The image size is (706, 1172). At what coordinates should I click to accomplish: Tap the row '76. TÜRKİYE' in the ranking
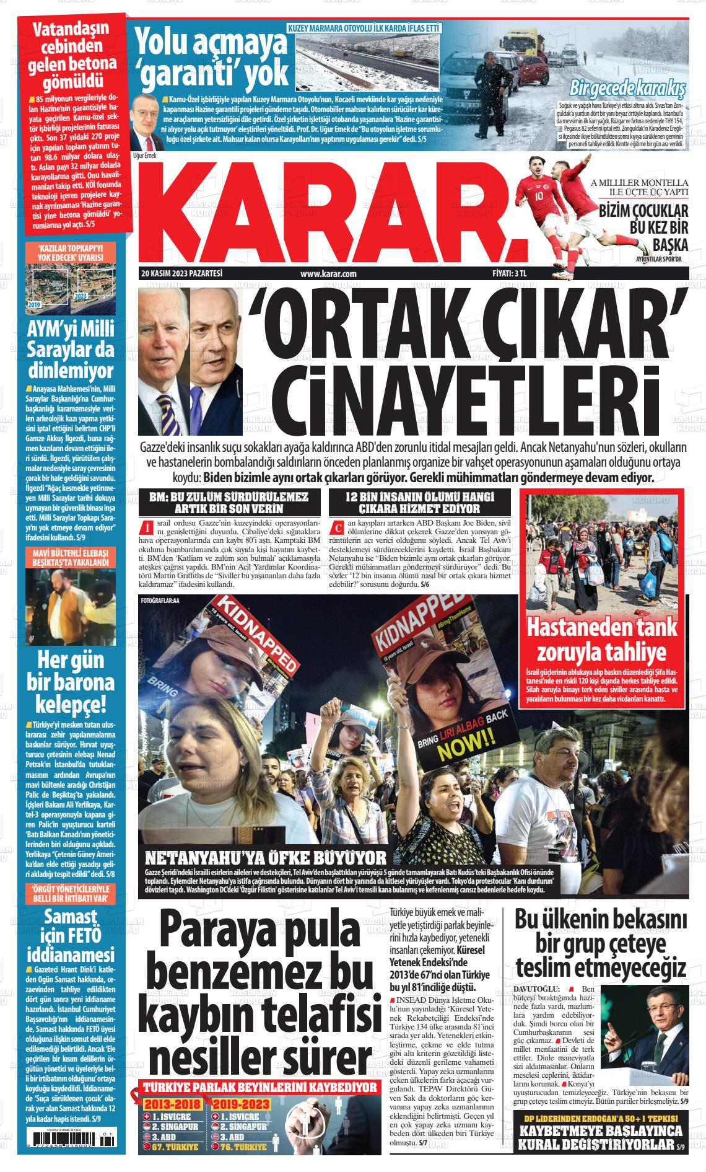point(242,1147)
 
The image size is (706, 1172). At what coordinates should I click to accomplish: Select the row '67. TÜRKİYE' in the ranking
point(173,1147)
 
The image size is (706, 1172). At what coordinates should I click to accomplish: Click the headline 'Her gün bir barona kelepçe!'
point(66,681)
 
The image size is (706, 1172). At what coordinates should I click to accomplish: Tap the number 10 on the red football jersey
point(539,196)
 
